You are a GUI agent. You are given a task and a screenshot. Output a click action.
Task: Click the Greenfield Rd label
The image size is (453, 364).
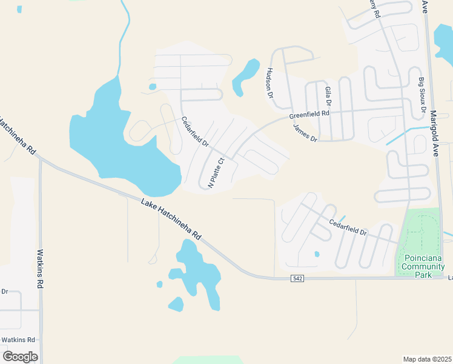309,113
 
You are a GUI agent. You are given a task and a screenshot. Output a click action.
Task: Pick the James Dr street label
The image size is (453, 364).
305,133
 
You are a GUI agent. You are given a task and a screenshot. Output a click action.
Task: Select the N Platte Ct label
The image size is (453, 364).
217,173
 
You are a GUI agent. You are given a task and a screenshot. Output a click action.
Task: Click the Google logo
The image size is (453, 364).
20,356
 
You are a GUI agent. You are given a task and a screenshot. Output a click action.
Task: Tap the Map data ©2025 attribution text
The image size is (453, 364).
427,359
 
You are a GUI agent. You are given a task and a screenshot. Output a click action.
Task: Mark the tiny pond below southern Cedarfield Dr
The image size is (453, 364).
316,254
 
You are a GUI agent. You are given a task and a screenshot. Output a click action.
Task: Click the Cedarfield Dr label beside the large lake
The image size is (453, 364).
195,132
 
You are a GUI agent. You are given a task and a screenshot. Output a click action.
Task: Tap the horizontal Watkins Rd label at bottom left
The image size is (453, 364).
18,340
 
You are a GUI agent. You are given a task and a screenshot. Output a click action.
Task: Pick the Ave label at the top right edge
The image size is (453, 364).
425,7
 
